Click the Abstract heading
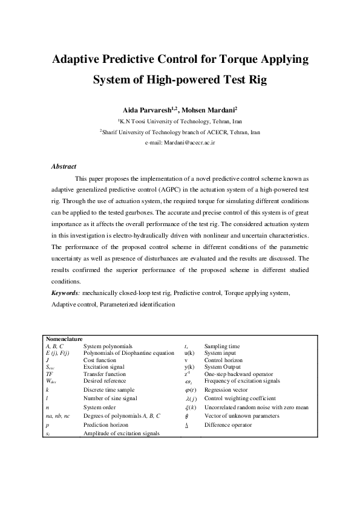(x=64, y=166)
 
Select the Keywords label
(x=67, y=293)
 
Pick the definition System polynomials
(x=108, y=346)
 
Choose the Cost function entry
(x=99, y=359)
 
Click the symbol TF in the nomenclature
(x=50, y=374)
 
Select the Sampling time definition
(x=222, y=346)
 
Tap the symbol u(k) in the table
(x=189, y=352)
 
